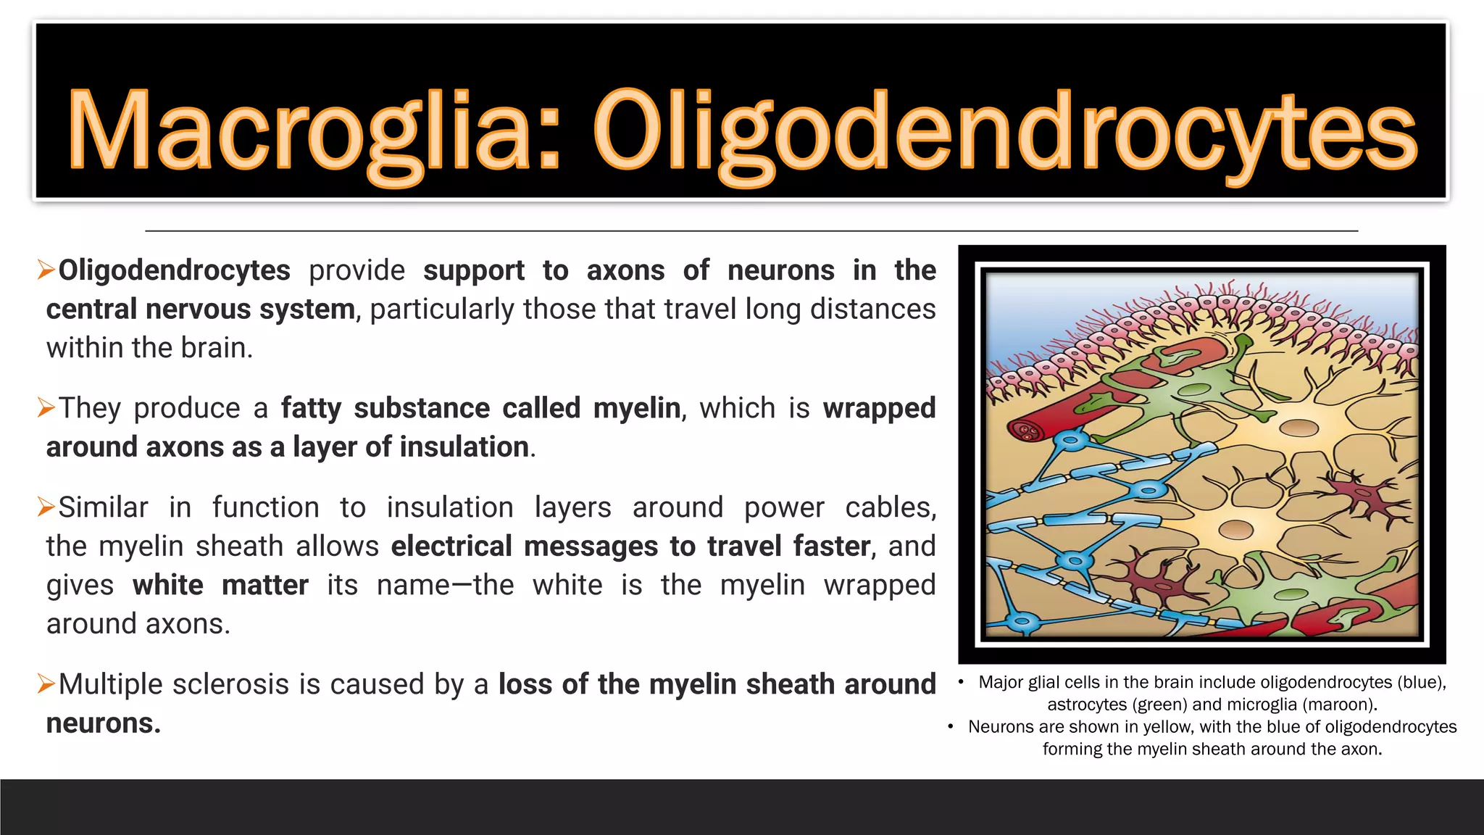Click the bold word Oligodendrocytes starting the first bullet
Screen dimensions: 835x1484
tap(174, 270)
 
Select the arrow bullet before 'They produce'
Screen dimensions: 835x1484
tap(46, 409)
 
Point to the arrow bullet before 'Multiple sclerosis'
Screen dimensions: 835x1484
tap(46, 684)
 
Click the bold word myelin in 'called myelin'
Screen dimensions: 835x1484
tap(637, 408)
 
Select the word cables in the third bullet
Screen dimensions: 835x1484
tap(891, 507)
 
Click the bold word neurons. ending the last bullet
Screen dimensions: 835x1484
tap(103, 723)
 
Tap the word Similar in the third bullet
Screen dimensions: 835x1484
tap(104, 507)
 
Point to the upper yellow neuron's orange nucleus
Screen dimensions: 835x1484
tap(1298, 427)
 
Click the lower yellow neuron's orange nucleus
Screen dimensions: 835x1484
tap(1235, 530)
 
